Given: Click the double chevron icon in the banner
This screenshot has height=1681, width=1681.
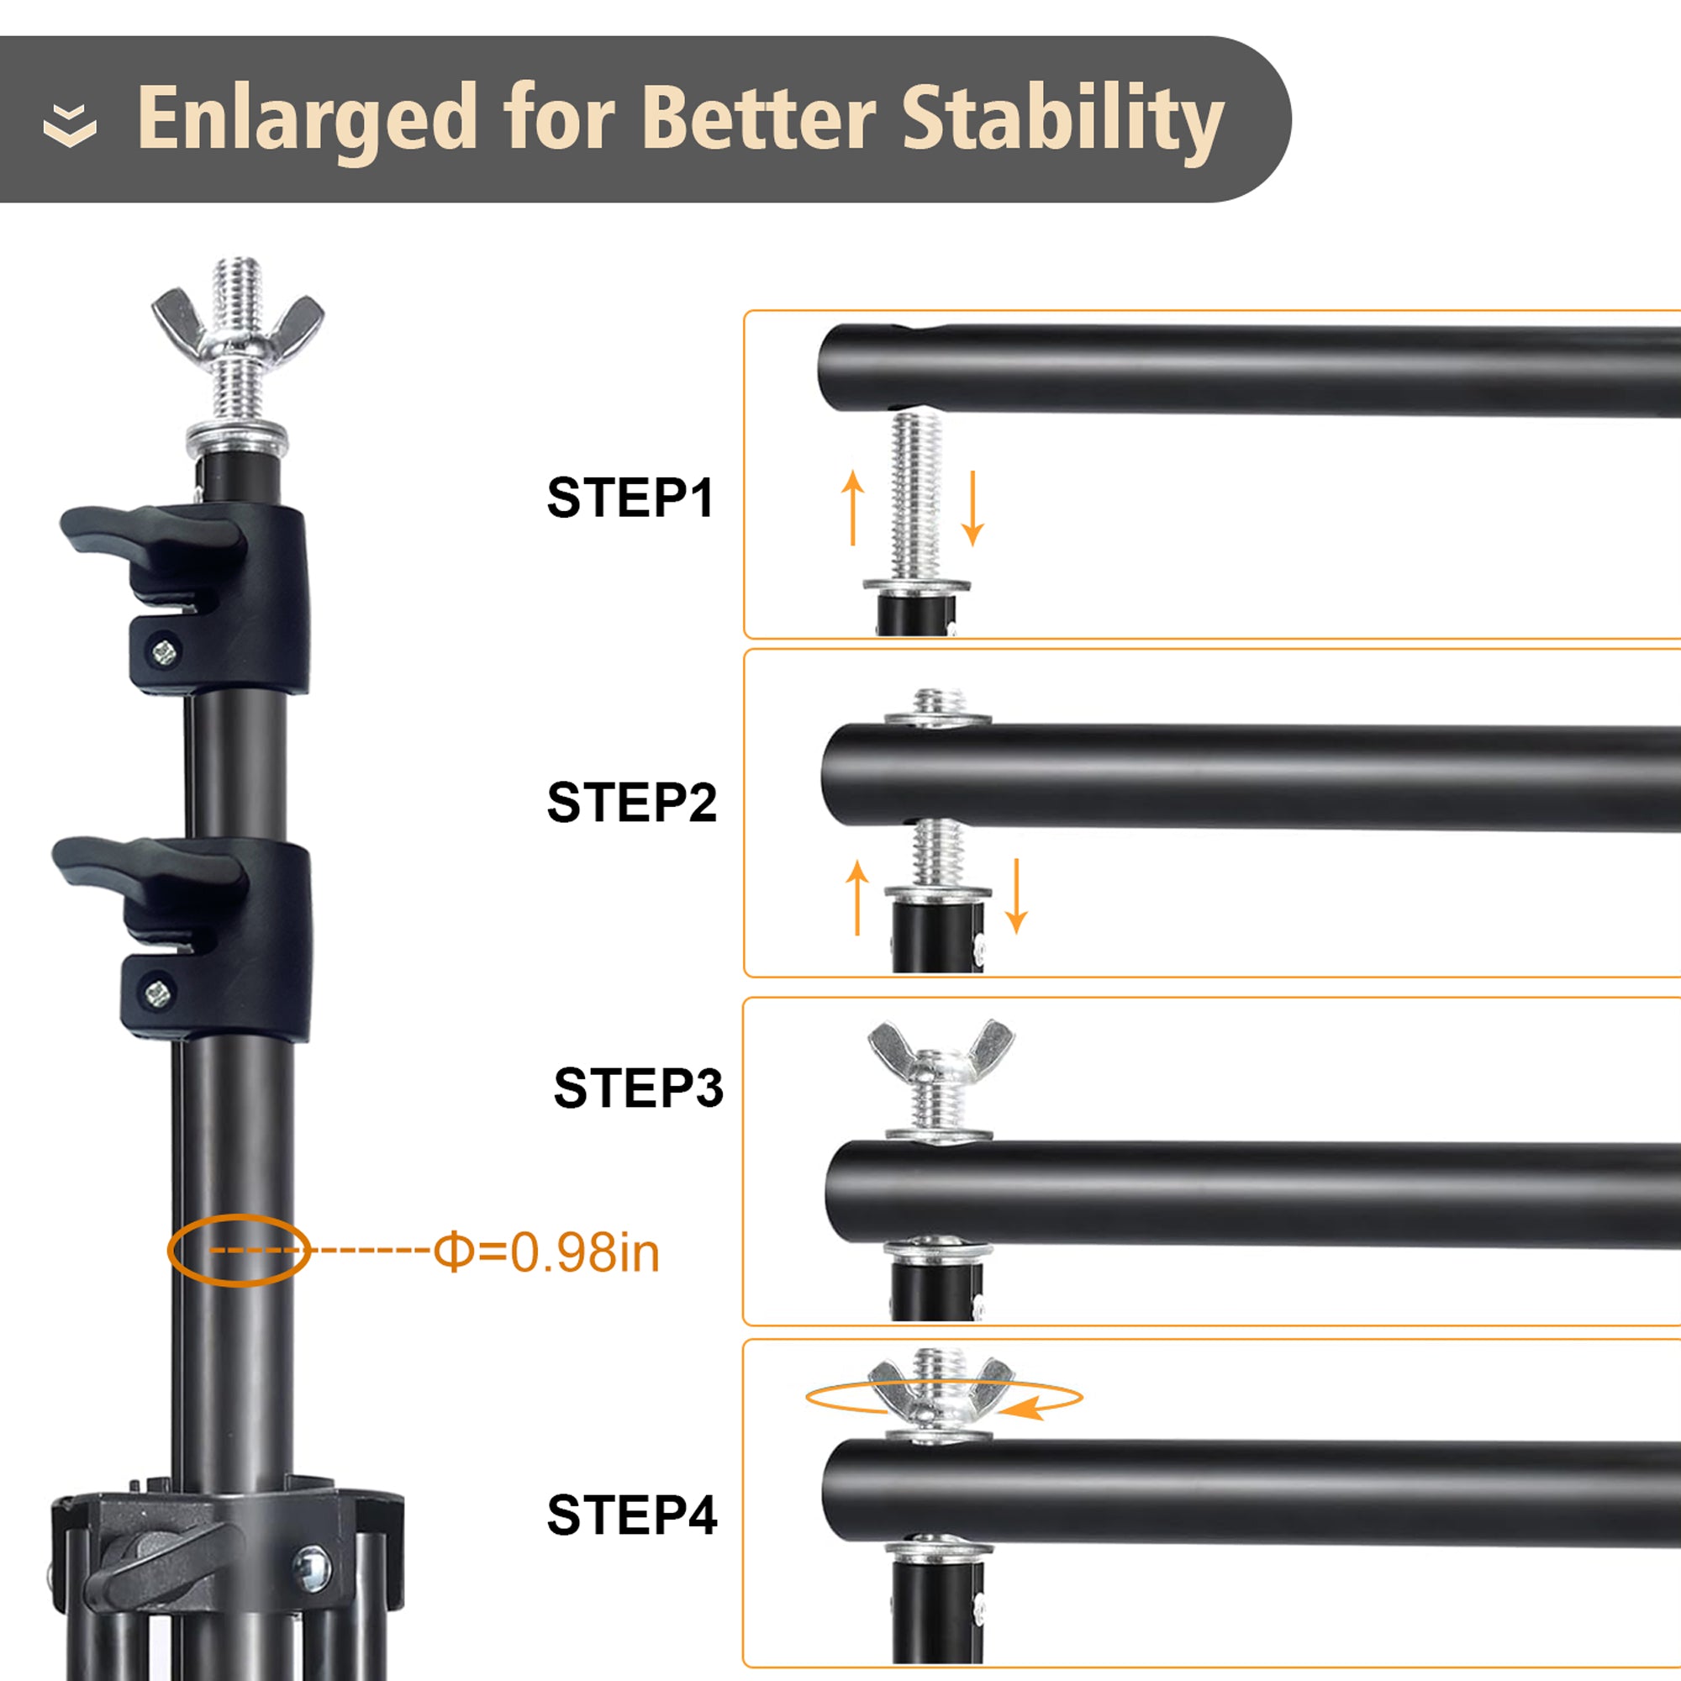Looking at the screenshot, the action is click(x=70, y=124).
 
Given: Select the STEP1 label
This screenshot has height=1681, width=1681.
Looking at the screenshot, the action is click(x=630, y=498).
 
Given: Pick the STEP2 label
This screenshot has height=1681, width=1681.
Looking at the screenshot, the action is click(x=632, y=802).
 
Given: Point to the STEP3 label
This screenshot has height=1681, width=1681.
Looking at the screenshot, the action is click(x=638, y=1088).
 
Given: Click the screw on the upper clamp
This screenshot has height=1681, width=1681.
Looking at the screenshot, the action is click(x=164, y=651).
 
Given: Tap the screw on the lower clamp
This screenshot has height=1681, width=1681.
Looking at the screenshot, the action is click(x=156, y=991).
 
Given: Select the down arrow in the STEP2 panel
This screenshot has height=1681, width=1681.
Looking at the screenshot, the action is click(x=1016, y=895).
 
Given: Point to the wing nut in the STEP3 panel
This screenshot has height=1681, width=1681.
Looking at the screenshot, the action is click(x=941, y=1049).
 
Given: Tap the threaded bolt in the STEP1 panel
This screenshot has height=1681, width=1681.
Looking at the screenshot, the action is click(x=916, y=497).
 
